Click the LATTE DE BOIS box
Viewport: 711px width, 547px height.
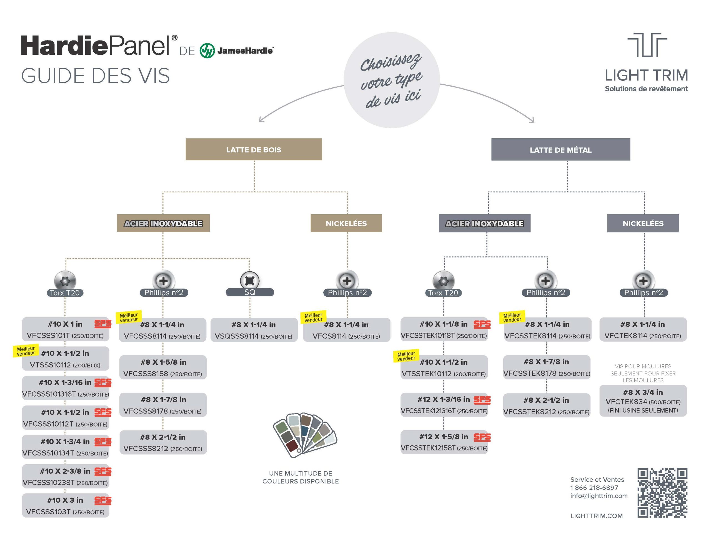click(254, 149)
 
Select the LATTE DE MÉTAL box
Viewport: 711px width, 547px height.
click(560, 150)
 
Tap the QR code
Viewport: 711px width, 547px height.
click(662, 493)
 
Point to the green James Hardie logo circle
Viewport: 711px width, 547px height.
click(207, 51)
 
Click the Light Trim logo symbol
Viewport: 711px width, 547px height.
click(647, 45)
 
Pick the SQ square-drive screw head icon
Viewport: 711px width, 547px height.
click(250, 280)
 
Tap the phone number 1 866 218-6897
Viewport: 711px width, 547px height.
click(594, 488)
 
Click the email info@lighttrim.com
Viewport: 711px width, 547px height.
click(599, 496)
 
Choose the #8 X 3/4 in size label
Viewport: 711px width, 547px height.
click(643, 392)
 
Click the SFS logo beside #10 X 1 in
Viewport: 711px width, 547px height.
click(103, 324)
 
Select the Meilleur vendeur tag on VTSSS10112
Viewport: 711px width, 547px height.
click(26, 351)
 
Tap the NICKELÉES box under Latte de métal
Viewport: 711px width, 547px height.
click(643, 223)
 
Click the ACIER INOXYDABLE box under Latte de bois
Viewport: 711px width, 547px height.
click(163, 223)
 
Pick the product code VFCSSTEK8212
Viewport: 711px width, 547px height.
click(530, 412)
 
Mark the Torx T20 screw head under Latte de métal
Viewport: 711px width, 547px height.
click(443, 281)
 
